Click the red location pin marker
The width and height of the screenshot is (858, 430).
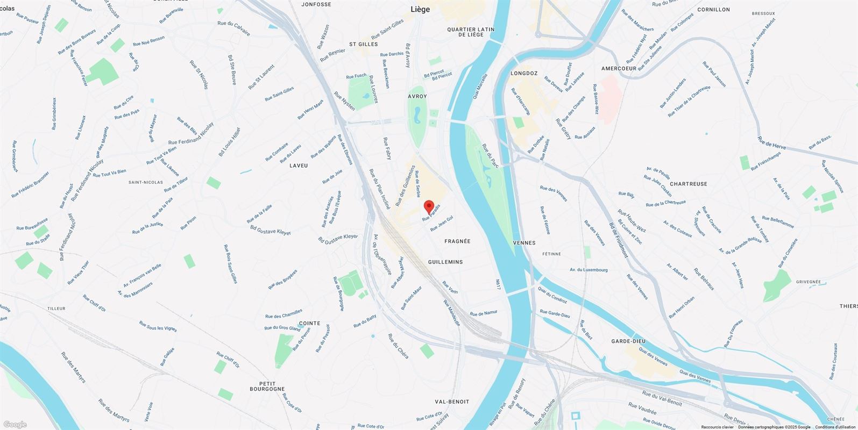429,206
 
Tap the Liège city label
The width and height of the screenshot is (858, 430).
420,9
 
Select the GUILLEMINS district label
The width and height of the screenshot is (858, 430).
445,262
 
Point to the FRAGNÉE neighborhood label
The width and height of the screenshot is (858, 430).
457,241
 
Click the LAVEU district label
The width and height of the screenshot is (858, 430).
299,166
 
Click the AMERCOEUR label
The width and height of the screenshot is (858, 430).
619,69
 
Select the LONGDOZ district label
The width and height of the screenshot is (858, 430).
524,73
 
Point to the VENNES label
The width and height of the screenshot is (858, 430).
524,243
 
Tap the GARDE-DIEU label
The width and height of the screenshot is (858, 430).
628,341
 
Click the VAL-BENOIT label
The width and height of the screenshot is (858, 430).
452,402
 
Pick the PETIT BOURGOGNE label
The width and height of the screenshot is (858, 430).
267,385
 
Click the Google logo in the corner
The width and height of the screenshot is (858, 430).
14,425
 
